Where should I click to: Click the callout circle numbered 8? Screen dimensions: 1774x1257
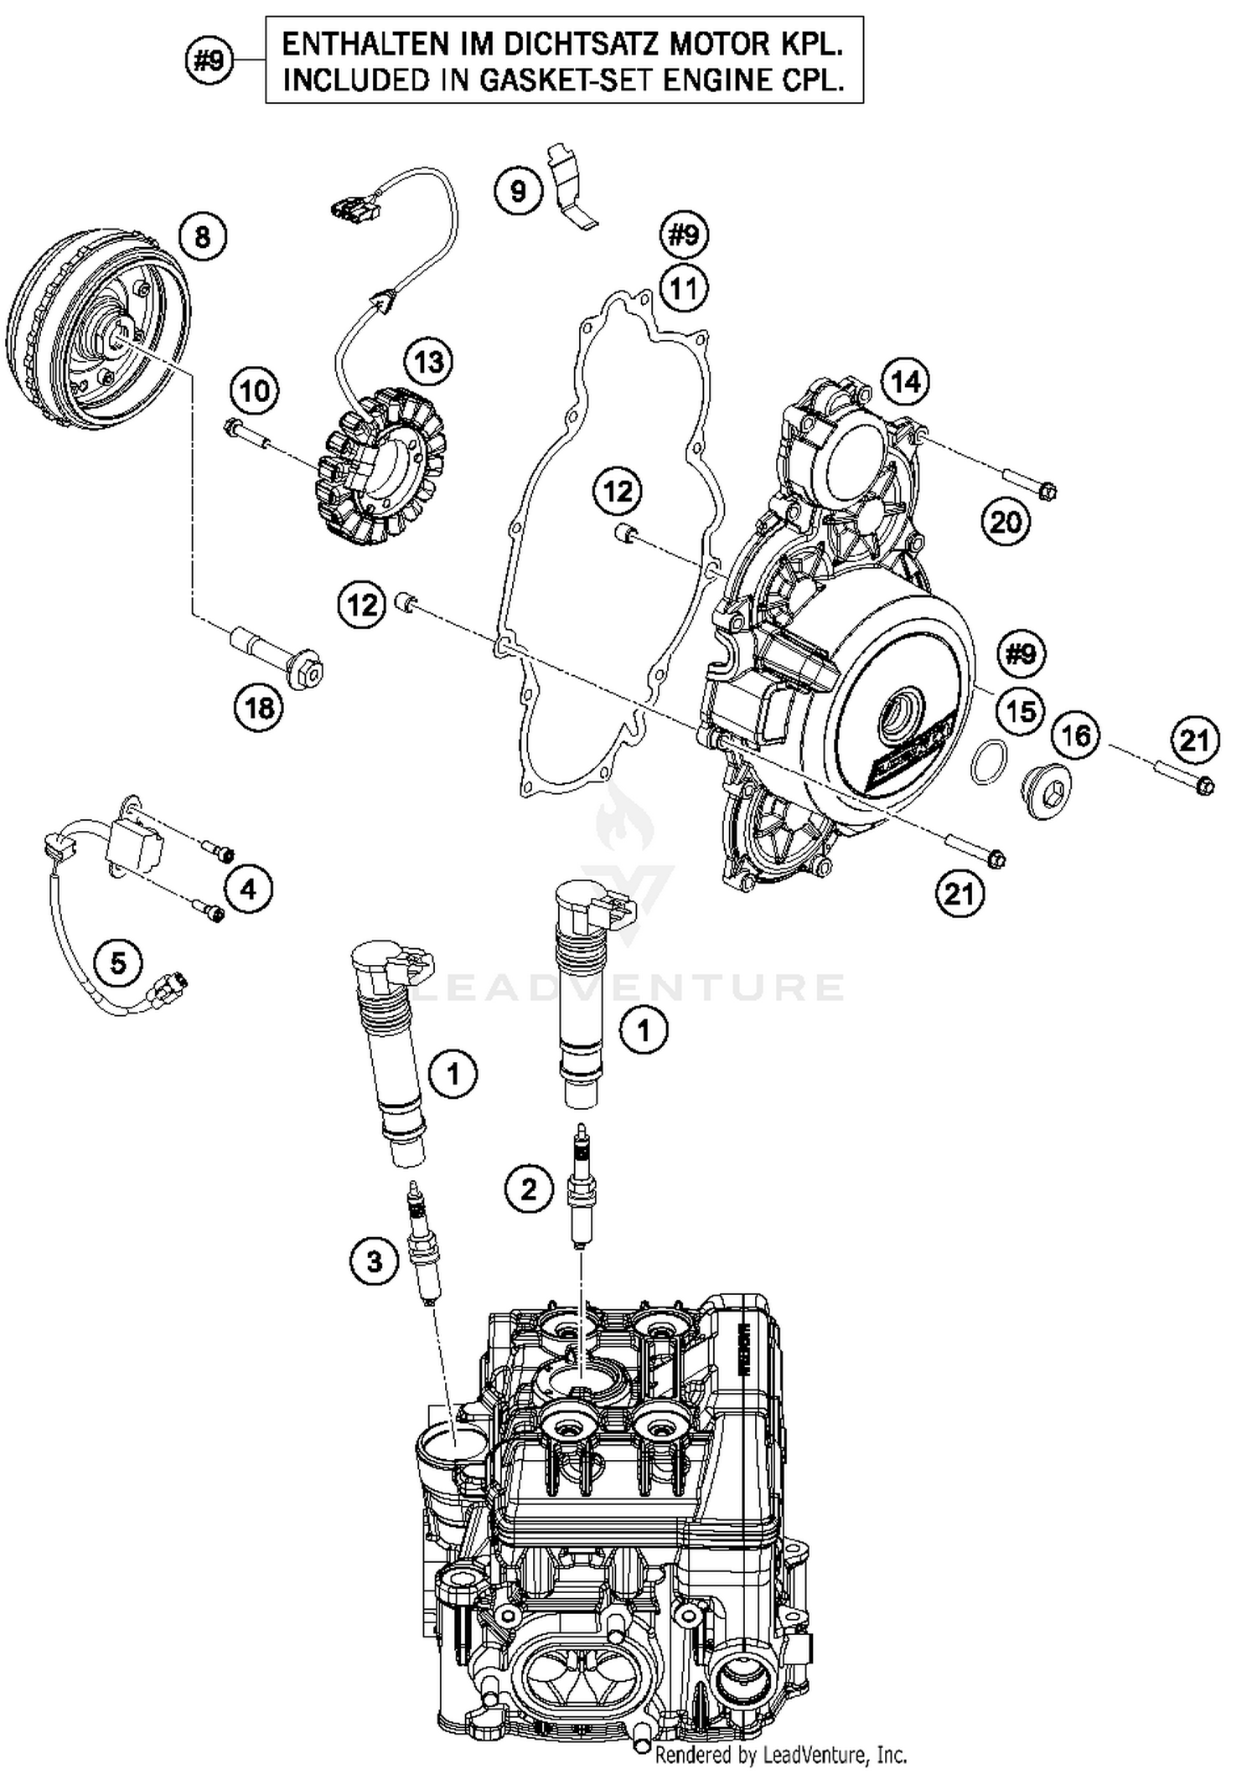[x=203, y=237]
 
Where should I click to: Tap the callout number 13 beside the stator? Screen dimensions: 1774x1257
[x=428, y=363]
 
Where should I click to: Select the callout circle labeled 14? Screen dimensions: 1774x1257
[x=906, y=382]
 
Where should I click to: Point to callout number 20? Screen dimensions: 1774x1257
[x=1005, y=523]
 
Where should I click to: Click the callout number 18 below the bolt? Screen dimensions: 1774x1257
[x=258, y=708]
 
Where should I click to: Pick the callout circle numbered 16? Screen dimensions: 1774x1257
[x=1075, y=736]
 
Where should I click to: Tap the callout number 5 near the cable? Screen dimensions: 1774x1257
[x=118, y=962]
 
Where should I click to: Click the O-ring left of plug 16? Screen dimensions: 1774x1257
[x=988, y=762]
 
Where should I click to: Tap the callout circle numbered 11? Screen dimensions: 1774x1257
[x=684, y=289]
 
